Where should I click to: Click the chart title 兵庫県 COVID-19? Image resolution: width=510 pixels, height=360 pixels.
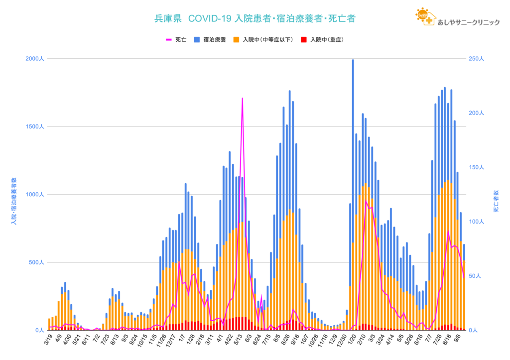point(255,19)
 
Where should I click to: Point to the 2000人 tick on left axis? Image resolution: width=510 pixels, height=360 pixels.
point(35,59)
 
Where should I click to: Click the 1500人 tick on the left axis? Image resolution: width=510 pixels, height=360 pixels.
point(35,126)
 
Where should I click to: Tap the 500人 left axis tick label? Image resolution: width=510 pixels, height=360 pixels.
point(36,262)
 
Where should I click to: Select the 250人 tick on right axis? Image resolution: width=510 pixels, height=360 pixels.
point(476,59)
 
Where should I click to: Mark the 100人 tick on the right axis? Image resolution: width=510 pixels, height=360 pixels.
point(476,222)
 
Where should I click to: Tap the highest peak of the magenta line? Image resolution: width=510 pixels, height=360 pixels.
point(242,99)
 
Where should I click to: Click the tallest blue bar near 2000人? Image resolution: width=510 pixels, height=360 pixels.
point(353,62)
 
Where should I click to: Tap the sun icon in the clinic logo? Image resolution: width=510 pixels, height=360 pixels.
point(423,14)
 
